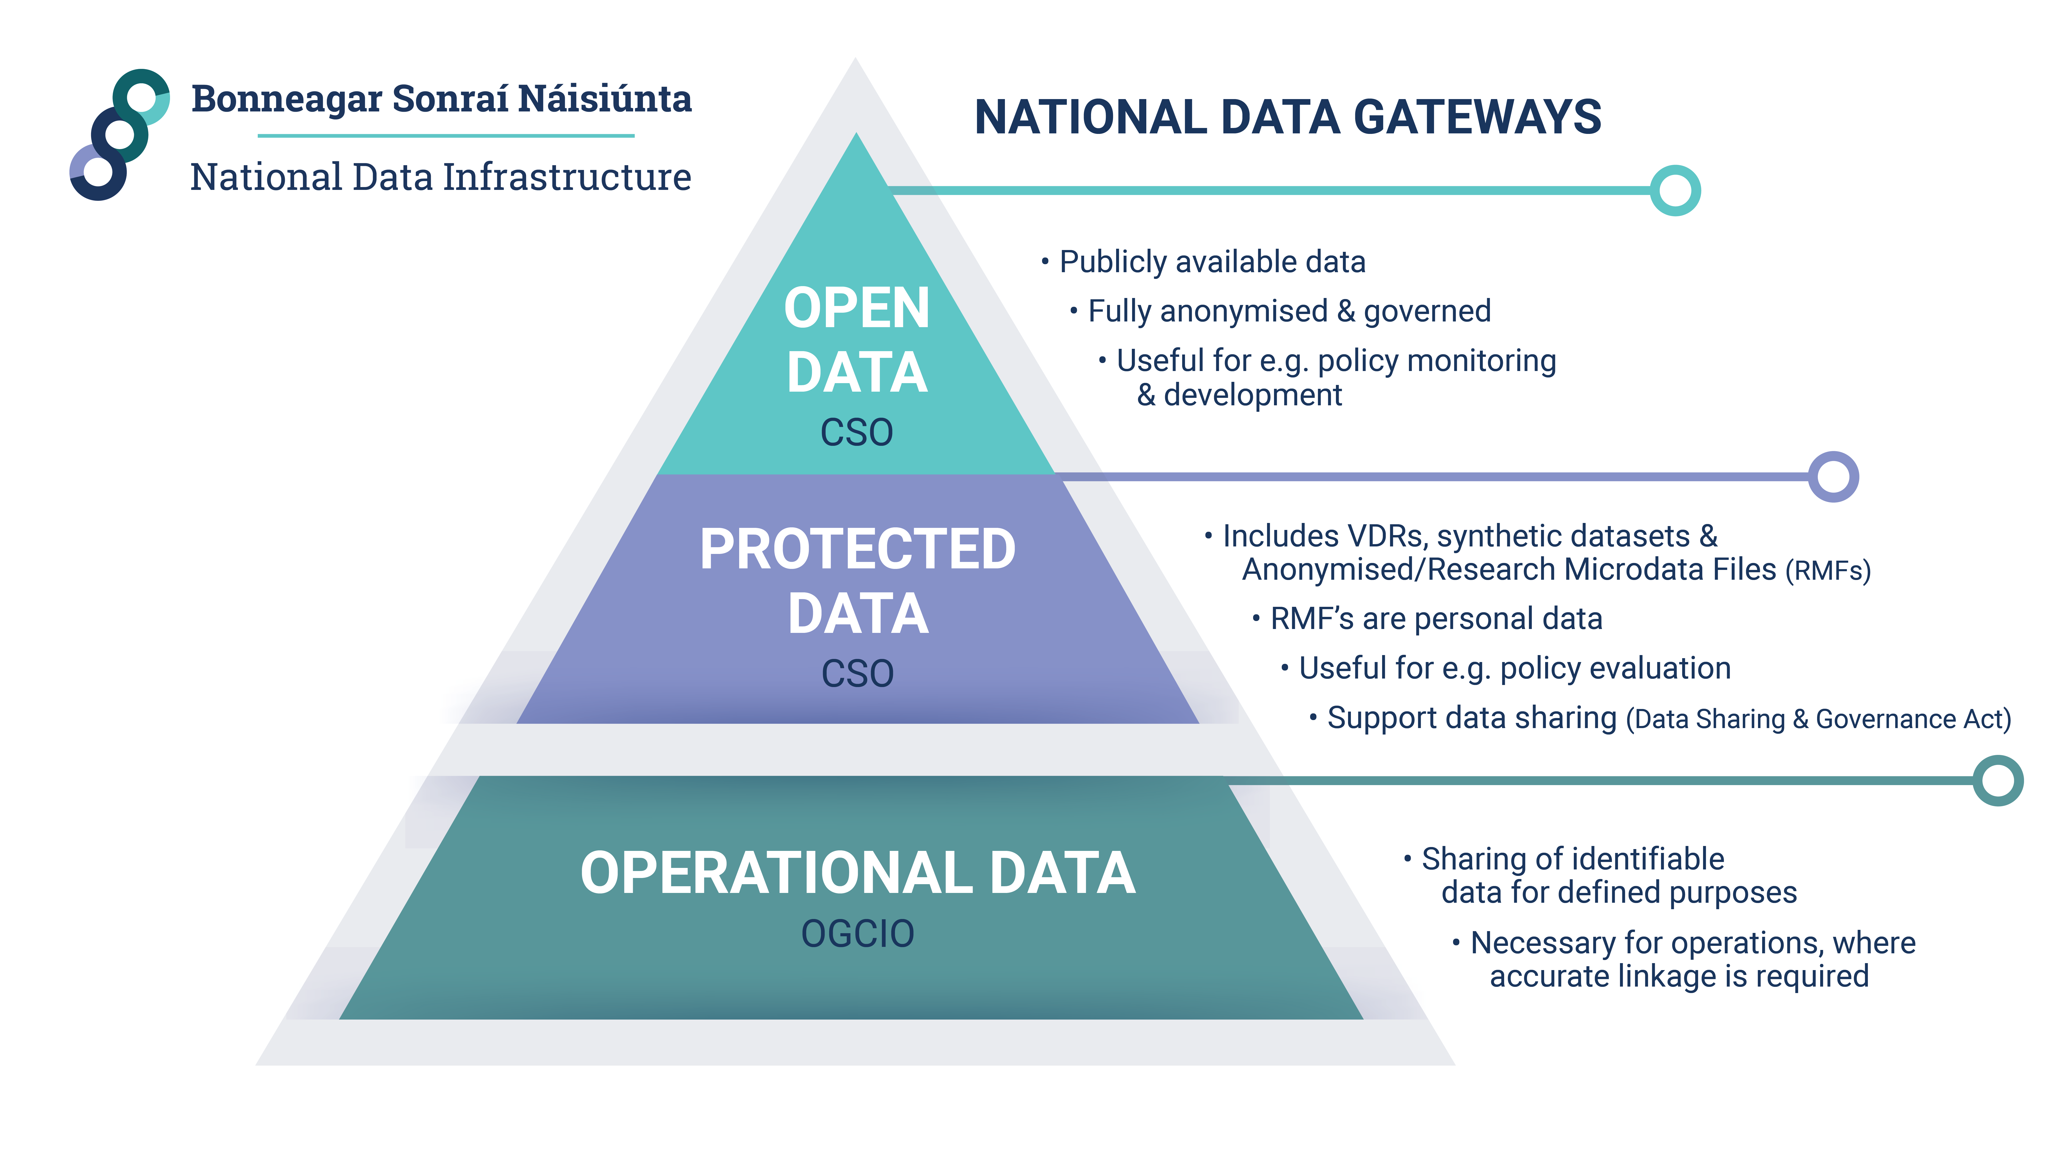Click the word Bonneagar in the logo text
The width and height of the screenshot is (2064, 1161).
[x=287, y=99]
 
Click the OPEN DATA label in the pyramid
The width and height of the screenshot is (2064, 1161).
[x=857, y=340]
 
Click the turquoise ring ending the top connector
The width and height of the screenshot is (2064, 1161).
[x=1675, y=191]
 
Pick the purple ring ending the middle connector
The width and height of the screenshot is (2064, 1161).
[x=1833, y=477]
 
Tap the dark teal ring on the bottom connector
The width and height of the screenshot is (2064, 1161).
[x=1997, y=780]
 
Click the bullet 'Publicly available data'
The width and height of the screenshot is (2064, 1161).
[x=1212, y=262]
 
